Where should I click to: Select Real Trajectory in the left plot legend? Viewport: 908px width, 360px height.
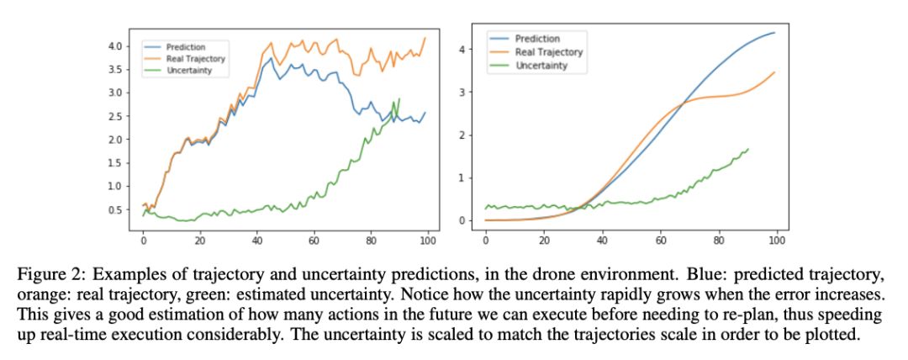pos(190,58)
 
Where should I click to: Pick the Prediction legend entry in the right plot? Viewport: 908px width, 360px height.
pos(537,40)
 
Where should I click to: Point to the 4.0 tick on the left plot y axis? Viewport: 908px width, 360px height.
pos(115,45)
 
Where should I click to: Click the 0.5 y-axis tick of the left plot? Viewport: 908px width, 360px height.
pos(115,209)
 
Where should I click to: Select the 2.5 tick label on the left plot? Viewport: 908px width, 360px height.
pos(115,116)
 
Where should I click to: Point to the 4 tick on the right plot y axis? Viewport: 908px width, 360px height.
pos(462,50)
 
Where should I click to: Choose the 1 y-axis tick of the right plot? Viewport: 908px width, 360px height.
pos(462,178)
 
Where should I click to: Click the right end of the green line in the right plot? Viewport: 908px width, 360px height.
pos(748,149)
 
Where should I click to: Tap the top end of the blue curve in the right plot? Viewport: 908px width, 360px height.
pos(774,33)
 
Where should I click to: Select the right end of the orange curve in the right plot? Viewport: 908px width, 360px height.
pos(774,72)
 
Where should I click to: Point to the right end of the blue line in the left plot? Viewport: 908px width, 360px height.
pos(426,113)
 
